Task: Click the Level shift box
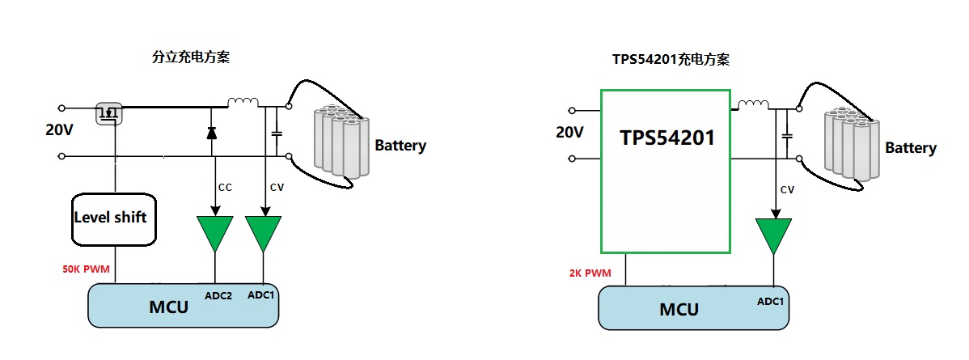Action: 114,218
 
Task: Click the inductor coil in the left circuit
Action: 243,102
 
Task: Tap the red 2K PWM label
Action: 590,274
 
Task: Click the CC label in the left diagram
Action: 225,187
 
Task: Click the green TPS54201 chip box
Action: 665,170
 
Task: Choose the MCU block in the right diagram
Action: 694,308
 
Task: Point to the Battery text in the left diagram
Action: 400,146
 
